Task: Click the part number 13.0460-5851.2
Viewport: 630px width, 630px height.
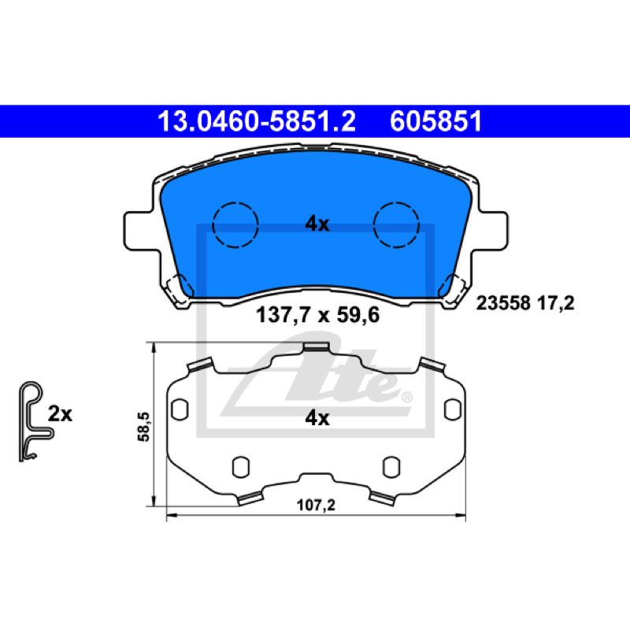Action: click(257, 121)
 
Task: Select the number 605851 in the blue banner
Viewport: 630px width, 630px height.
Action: click(436, 121)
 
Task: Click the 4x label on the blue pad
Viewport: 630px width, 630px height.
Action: click(317, 224)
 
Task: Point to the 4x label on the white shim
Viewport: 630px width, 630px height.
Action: click(317, 418)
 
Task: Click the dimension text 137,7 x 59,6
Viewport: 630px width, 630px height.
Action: click(317, 315)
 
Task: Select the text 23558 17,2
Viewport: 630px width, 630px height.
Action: click(525, 303)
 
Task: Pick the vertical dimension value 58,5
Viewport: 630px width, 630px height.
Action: click(143, 427)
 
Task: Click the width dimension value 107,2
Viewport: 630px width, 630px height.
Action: click(316, 505)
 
